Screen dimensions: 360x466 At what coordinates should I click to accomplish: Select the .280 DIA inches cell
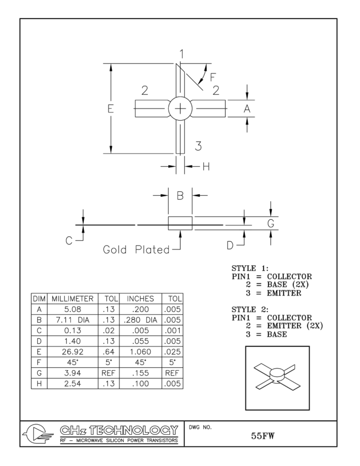(140, 320)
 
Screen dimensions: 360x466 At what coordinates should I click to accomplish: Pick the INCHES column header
(140, 299)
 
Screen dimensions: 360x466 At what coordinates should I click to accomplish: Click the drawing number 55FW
(264, 437)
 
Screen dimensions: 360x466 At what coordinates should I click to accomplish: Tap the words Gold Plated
(136, 250)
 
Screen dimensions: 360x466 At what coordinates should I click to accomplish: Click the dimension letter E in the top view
(111, 109)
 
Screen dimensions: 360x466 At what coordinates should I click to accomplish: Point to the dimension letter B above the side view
(180, 195)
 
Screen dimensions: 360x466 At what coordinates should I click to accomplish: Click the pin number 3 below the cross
(198, 146)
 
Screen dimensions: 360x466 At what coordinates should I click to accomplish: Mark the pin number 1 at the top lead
(181, 54)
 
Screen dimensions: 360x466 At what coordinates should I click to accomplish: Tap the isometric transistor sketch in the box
(277, 378)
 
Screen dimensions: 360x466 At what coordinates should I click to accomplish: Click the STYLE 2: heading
(250, 310)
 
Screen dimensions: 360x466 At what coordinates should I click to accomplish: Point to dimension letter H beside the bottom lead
(207, 166)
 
